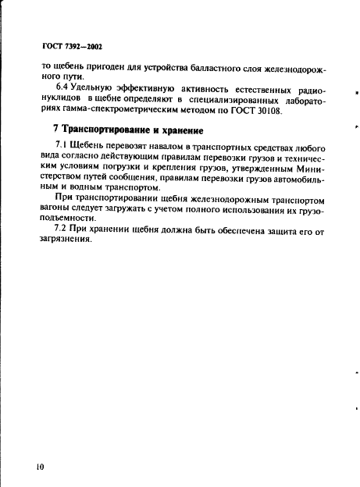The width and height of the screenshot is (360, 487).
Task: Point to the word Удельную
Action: (94, 87)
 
